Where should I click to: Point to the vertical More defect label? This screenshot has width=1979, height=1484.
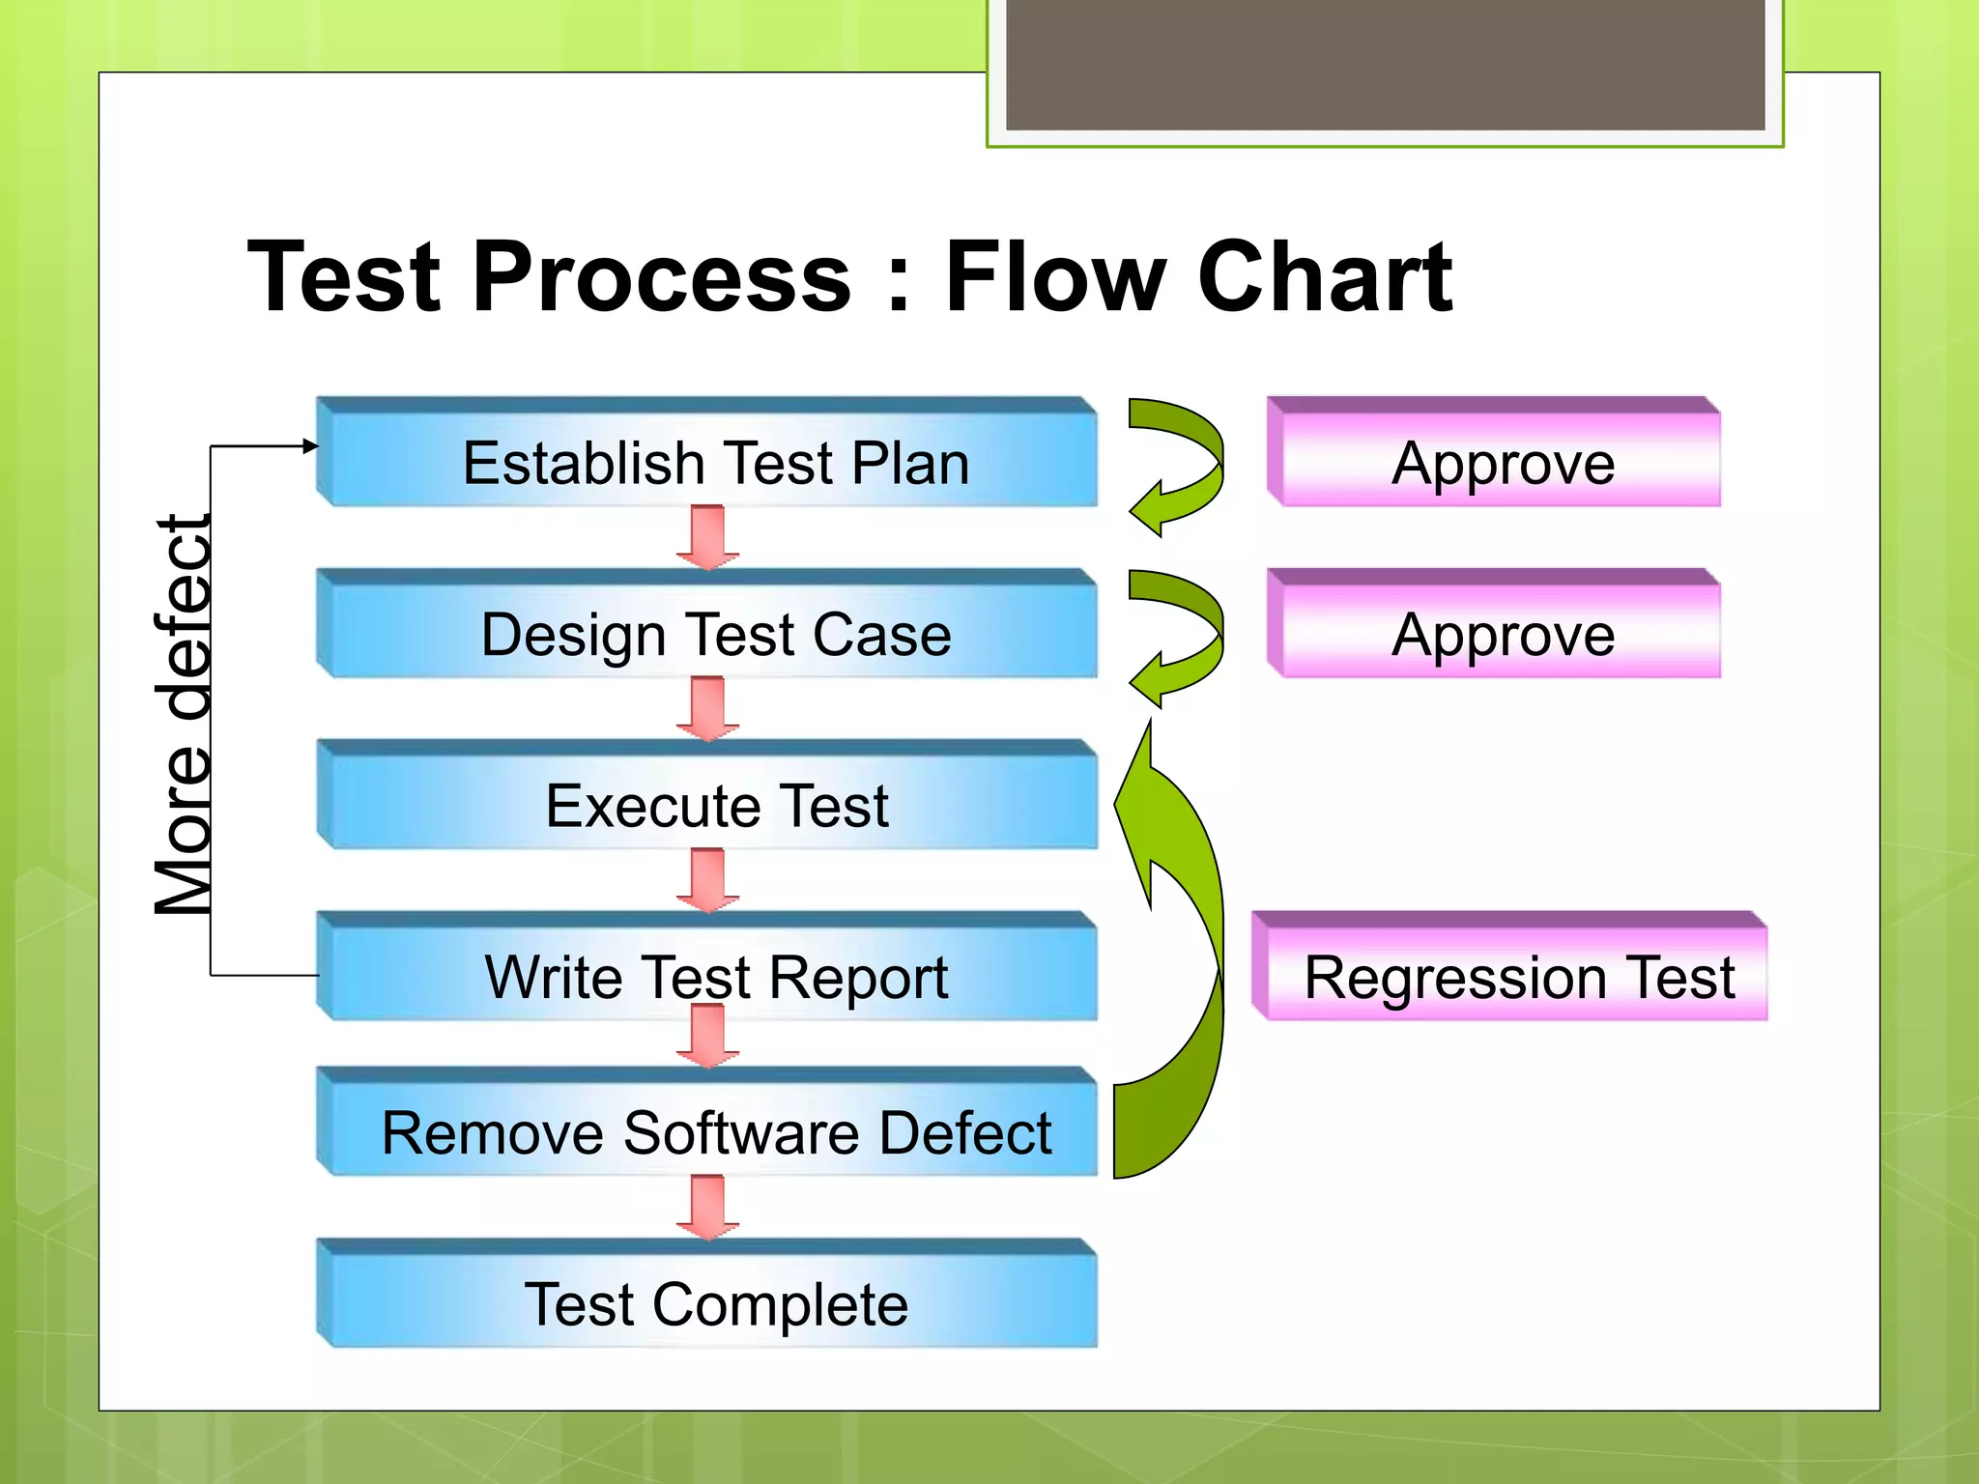coord(184,715)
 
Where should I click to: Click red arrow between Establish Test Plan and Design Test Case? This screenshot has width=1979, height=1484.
coord(707,537)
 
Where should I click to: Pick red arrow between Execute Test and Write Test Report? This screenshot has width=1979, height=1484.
coord(707,880)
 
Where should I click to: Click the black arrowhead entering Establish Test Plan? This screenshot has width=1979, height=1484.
coord(310,445)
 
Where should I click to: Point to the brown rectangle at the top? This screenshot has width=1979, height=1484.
coord(1385,64)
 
